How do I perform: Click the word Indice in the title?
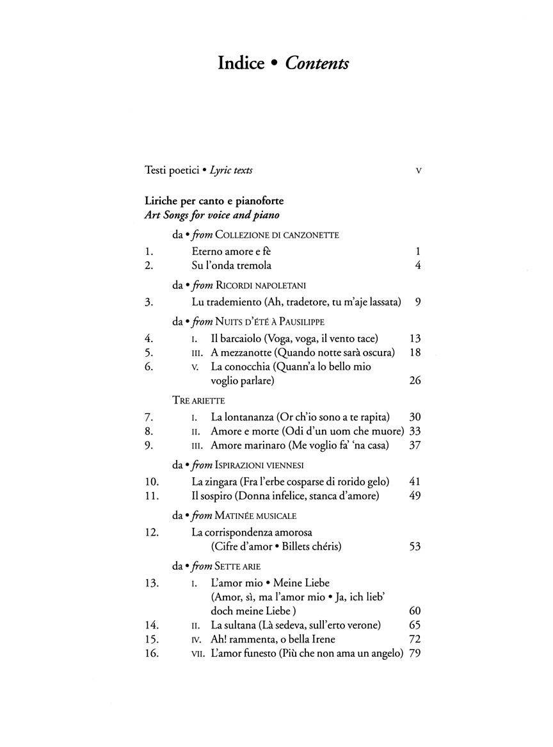coord(241,63)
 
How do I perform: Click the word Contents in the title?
coord(317,63)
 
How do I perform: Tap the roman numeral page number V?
coord(418,170)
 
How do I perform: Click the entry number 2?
coord(150,265)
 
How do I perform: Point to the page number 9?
coord(417,301)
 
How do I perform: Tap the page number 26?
coord(414,381)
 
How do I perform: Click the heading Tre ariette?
coord(198,400)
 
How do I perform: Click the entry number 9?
coord(150,445)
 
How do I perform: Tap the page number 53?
coord(414,546)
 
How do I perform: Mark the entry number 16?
coord(152,653)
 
